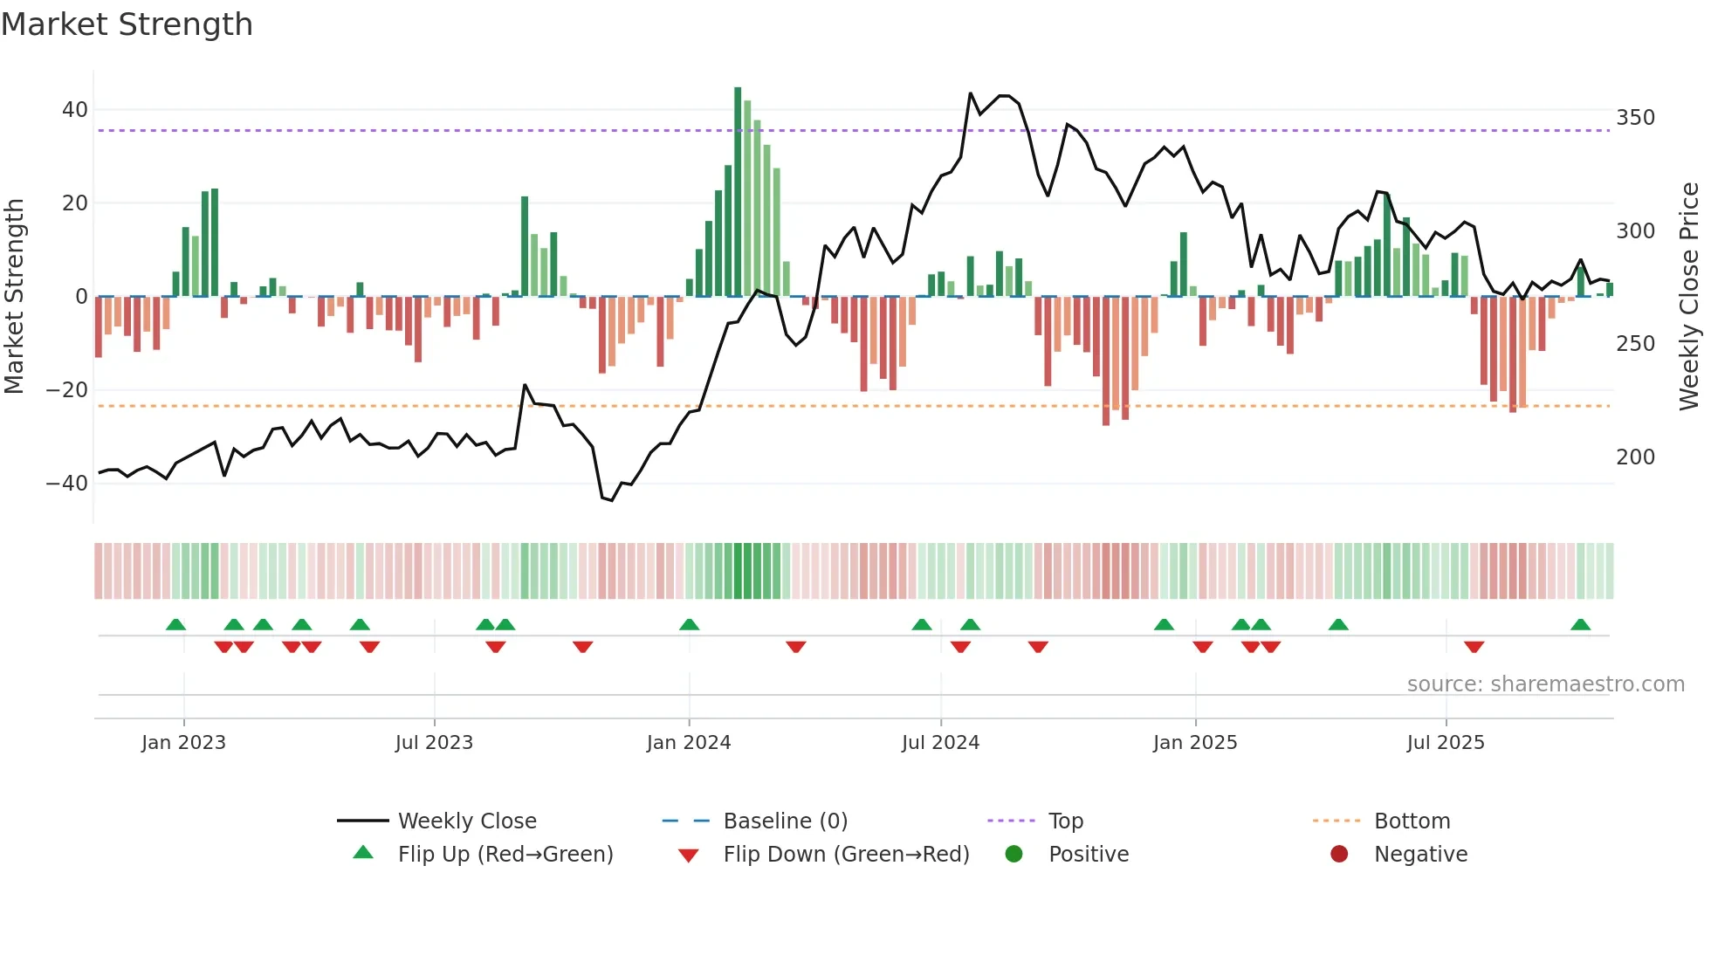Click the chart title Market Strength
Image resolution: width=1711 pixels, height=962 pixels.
127,24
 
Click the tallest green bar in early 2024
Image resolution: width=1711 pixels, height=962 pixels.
738,192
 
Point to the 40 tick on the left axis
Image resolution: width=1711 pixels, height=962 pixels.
75,110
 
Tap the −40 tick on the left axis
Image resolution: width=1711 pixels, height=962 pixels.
67,483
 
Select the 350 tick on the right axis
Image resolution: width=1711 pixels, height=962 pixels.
1635,117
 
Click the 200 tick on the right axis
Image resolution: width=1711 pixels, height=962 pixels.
1635,457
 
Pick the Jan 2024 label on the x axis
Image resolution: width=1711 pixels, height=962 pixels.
689,743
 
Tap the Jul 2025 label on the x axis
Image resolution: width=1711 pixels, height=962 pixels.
1446,743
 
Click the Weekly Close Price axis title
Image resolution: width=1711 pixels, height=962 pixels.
1689,297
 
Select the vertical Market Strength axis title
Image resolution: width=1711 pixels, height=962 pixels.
15,297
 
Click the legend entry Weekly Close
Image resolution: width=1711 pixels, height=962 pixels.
466,821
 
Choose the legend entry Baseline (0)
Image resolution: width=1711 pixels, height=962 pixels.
785,821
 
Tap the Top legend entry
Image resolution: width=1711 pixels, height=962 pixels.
1065,821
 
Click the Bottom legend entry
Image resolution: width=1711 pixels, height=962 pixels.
1412,821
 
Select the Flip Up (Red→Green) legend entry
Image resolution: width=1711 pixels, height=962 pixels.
505,855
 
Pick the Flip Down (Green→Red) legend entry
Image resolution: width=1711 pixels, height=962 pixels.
846,855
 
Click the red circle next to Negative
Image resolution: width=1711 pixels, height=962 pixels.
1339,855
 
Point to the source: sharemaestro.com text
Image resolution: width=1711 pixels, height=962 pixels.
1545,684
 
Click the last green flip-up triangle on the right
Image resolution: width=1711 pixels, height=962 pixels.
1580,625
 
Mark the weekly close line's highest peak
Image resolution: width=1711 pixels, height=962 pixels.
971,93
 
